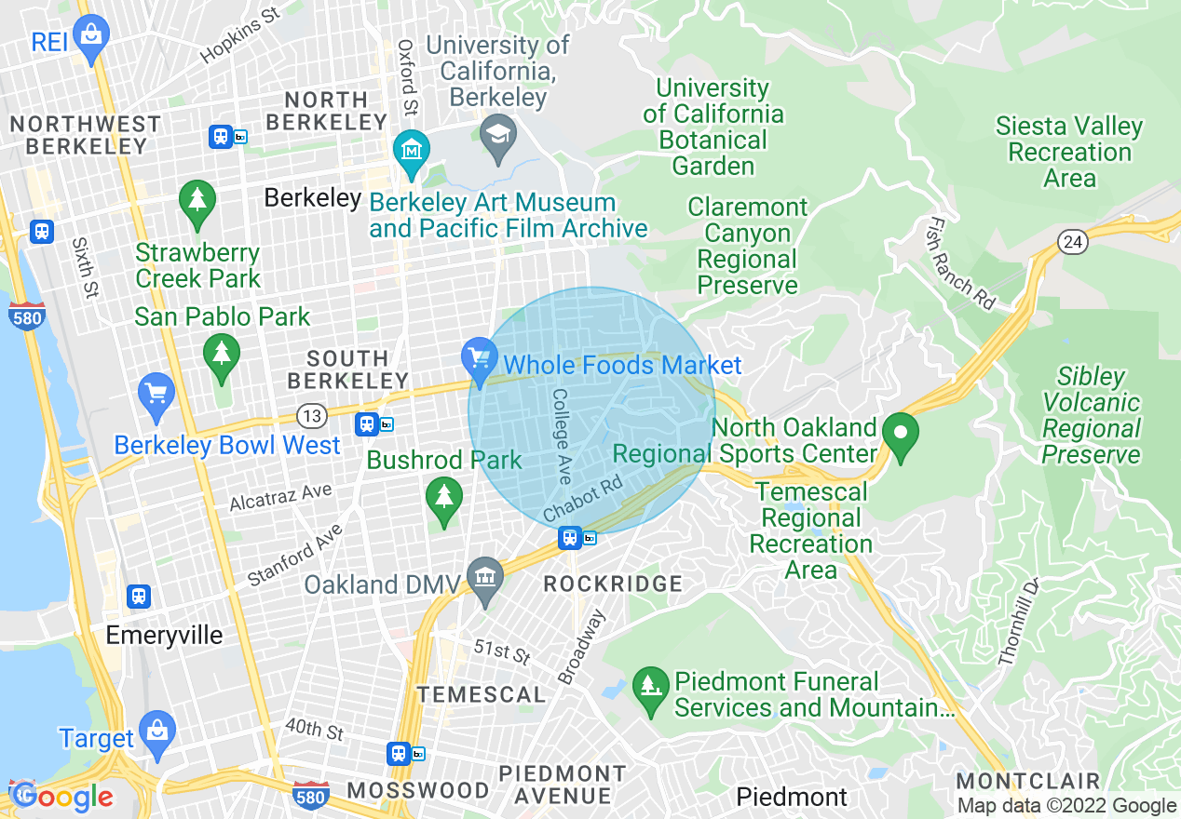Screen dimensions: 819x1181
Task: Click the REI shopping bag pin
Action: click(x=90, y=35)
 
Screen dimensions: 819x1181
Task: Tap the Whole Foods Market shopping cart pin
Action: click(x=480, y=357)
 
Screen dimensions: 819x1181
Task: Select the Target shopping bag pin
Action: click(x=156, y=730)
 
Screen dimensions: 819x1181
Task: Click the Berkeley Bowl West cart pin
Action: click(x=156, y=393)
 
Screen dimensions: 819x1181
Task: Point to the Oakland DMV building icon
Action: click(x=484, y=577)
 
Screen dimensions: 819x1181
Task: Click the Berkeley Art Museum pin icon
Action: click(x=411, y=149)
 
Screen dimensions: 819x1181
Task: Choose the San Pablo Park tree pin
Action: click(x=221, y=354)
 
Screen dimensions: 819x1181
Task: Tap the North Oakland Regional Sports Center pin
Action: click(x=901, y=434)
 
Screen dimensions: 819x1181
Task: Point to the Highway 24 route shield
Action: click(x=1073, y=242)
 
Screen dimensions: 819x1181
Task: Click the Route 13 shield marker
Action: click(x=310, y=414)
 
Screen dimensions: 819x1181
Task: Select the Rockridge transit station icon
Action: click(x=569, y=537)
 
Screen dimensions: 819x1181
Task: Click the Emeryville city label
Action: click(x=164, y=636)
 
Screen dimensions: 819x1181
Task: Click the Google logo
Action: click(x=61, y=797)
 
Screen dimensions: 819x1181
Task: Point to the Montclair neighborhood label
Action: click(x=1027, y=780)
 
